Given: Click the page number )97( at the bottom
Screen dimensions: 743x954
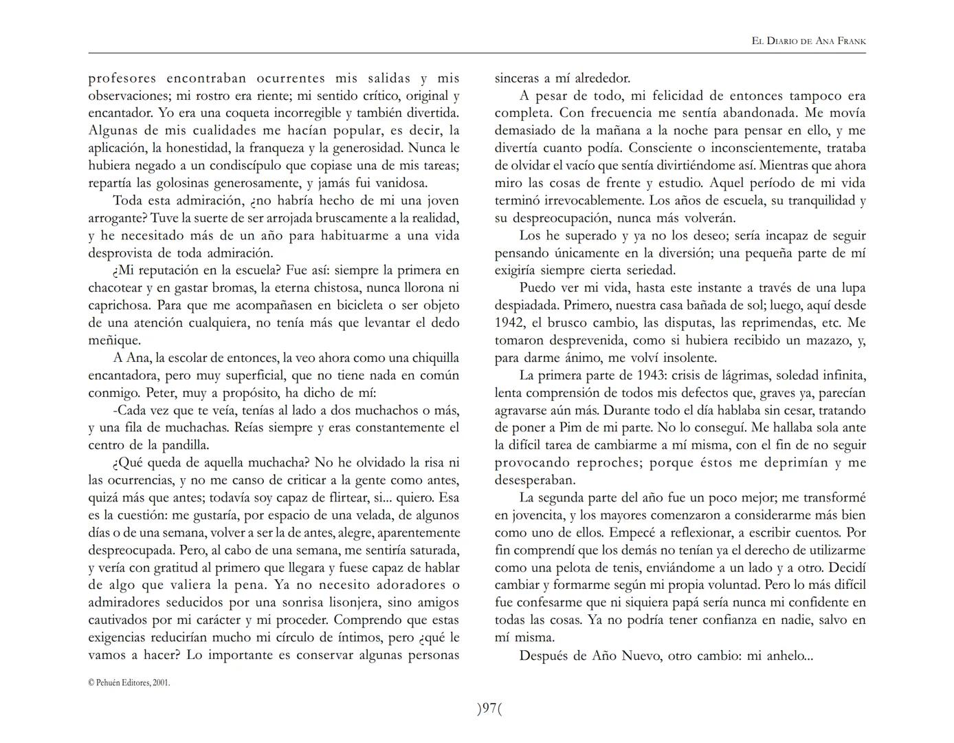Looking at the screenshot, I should point(489,709).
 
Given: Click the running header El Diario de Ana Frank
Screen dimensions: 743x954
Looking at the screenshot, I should point(808,41).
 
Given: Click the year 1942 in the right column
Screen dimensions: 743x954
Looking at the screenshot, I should point(509,323).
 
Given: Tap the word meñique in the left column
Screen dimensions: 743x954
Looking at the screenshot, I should point(114,341).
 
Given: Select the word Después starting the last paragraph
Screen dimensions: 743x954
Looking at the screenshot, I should point(546,656).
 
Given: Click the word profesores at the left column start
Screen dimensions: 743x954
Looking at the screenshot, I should point(122,78).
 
